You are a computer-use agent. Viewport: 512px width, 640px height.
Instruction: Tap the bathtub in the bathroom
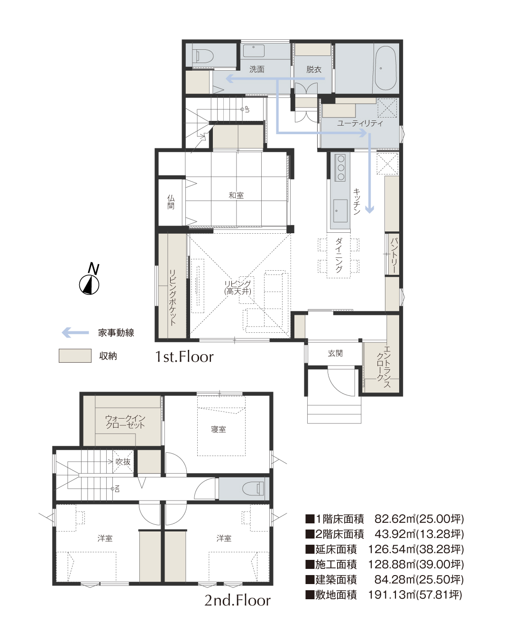click(385, 68)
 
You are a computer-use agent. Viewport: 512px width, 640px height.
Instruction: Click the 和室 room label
click(236, 195)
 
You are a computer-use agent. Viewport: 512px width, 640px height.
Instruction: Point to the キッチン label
click(357, 201)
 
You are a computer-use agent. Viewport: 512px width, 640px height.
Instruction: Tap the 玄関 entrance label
click(335, 353)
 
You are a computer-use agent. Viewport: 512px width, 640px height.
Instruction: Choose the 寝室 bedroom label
click(219, 429)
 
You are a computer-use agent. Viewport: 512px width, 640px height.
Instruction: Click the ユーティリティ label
click(360, 123)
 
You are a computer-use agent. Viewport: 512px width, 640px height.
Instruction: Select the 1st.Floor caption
click(184, 357)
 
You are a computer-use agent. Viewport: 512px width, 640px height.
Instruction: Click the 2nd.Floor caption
click(238, 600)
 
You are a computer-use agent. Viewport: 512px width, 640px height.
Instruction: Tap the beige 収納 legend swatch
click(75, 356)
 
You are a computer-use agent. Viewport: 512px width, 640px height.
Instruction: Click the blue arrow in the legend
click(75, 333)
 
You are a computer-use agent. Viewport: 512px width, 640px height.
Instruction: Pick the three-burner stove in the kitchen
click(340, 167)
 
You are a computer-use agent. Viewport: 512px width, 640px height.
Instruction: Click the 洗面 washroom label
click(257, 69)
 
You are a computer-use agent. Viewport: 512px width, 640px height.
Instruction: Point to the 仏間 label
click(171, 202)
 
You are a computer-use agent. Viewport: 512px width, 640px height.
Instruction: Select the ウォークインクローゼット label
click(125, 421)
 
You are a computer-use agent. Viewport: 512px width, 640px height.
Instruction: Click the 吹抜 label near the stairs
click(123, 462)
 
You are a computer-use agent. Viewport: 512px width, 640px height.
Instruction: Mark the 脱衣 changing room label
click(314, 69)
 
